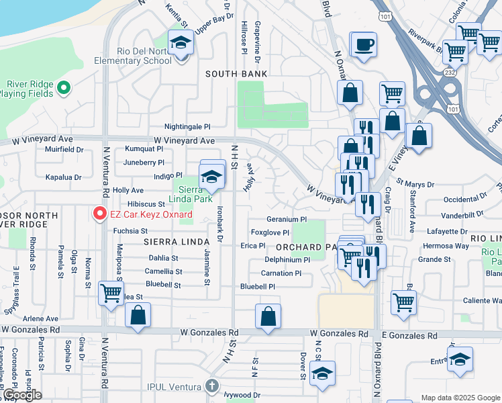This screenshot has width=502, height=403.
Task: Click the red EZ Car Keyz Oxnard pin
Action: click(x=100, y=214)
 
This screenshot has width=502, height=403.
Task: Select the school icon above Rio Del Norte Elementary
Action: click(x=180, y=43)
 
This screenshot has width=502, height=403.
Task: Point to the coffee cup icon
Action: click(x=364, y=46)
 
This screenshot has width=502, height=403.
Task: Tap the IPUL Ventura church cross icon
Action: click(x=212, y=386)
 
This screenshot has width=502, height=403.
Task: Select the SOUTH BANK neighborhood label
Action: click(x=236, y=74)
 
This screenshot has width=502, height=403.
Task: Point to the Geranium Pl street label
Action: click(x=286, y=219)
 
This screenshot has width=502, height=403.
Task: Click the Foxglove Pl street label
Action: click(x=270, y=232)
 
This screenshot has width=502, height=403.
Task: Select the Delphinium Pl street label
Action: click(x=287, y=259)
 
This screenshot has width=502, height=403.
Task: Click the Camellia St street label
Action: click(x=163, y=271)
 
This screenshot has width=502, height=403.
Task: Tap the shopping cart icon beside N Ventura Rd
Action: click(x=111, y=293)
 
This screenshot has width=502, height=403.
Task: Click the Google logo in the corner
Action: click(x=21, y=395)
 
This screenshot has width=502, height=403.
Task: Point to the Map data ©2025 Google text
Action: click(x=460, y=398)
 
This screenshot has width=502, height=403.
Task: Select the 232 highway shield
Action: click(x=448, y=71)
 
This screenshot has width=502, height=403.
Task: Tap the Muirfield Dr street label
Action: click(x=64, y=150)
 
